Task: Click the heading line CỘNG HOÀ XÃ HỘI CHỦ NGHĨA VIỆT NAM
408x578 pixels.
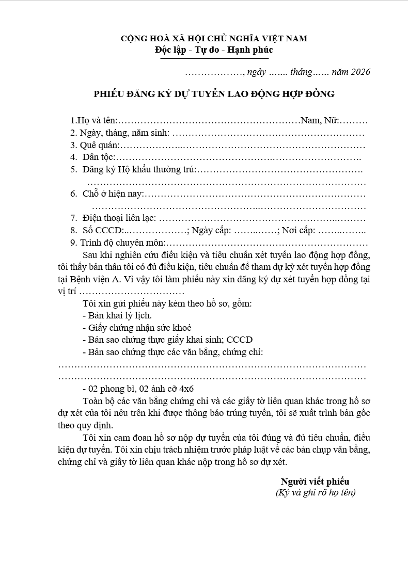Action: click(214, 38)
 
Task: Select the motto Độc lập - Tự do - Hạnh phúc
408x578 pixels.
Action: click(214, 50)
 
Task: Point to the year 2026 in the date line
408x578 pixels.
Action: click(360, 72)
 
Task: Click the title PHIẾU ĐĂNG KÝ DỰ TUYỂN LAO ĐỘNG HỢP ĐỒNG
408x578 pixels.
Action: click(214, 94)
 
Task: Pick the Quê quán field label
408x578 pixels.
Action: click(96, 146)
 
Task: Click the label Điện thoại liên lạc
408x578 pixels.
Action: click(119, 219)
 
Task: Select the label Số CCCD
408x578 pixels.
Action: click(103, 231)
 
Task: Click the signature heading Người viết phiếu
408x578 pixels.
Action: click(315, 481)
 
